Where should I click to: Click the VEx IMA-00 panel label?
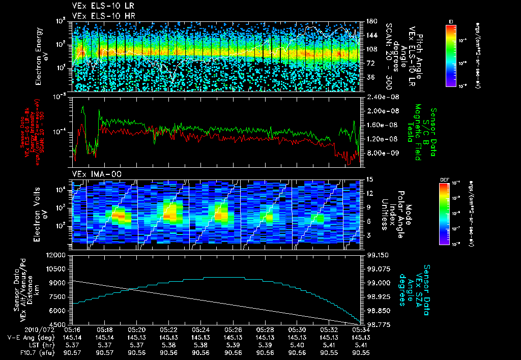pos(90,174)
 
